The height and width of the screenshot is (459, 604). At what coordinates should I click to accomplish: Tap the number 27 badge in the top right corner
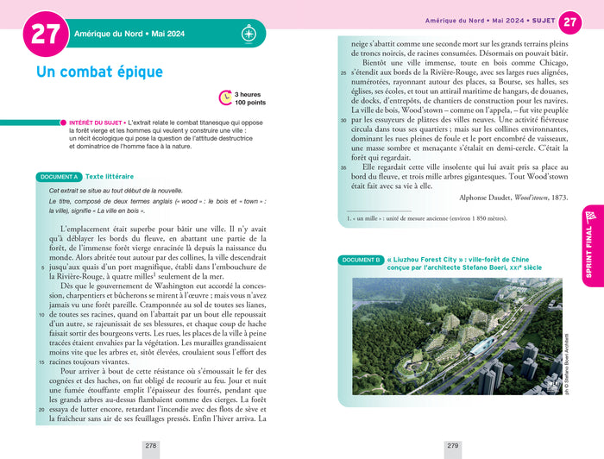pos(570,22)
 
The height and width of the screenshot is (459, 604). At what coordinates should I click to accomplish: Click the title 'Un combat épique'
pos(99,72)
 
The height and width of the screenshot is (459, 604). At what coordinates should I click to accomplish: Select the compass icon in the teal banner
pos(249,35)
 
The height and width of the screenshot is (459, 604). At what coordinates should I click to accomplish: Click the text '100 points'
pos(251,103)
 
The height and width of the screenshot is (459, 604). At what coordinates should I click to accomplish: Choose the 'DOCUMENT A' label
pos(59,177)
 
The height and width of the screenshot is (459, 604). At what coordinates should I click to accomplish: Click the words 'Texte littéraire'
pos(110,177)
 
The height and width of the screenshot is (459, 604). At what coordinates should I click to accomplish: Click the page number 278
pos(151,446)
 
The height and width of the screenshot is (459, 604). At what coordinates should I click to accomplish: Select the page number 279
pos(452,446)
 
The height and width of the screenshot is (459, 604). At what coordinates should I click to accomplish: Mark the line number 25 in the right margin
pos(343,75)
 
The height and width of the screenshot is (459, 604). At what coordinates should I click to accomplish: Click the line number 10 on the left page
pos(42,291)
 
